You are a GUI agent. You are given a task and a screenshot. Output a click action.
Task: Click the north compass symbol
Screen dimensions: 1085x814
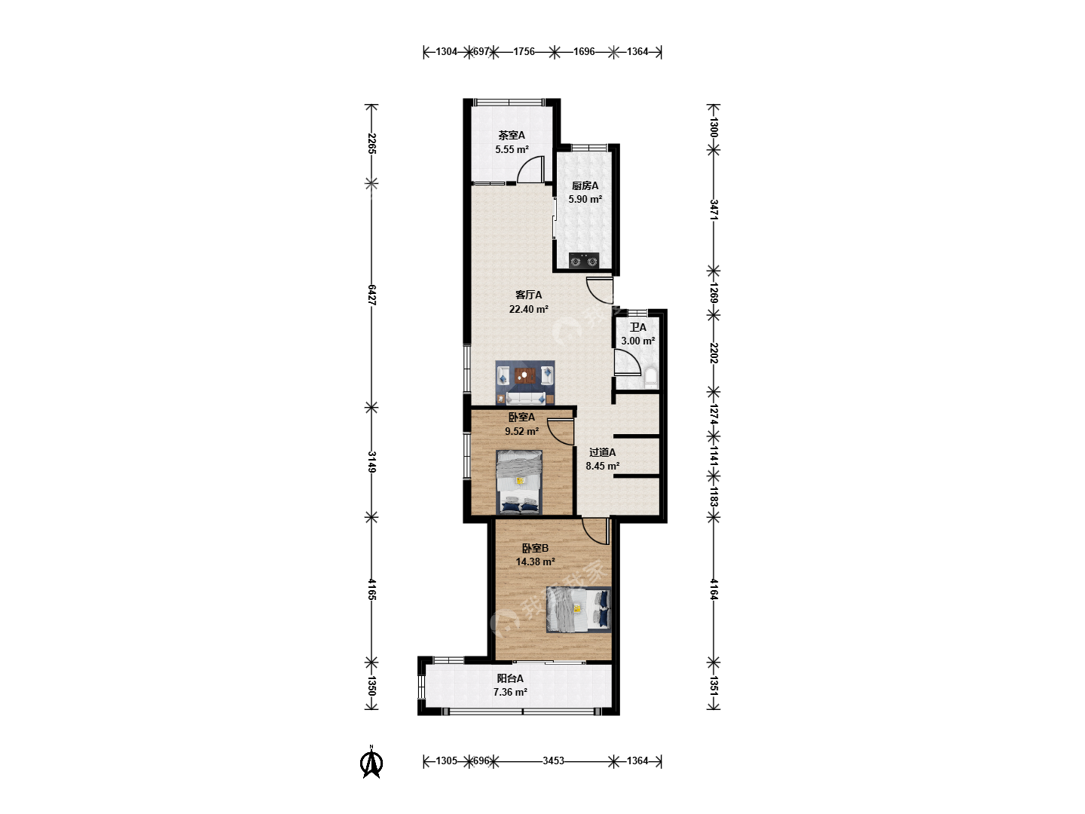tap(371, 762)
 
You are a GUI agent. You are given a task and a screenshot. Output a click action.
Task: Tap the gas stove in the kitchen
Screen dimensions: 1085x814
tap(584, 260)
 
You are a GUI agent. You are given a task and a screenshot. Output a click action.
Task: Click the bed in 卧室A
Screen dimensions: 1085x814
tap(519, 482)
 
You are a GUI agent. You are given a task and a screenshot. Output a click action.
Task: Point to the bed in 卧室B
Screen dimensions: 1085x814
tap(579, 610)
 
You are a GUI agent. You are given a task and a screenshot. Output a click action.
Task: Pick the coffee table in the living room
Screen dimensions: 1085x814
tap(525, 375)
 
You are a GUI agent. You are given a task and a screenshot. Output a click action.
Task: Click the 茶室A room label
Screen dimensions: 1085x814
tap(511, 135)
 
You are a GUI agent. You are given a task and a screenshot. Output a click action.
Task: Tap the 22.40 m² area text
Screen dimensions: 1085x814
tap(528, 309)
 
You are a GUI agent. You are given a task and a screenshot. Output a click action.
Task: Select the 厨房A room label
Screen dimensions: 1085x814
tap(585, 186)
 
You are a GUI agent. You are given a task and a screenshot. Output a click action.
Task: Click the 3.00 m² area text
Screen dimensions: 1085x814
tap(637, 341)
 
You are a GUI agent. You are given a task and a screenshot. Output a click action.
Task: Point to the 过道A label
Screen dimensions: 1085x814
tap(602, 452)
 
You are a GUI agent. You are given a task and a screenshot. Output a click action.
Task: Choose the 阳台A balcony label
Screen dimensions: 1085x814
tap(509, 678)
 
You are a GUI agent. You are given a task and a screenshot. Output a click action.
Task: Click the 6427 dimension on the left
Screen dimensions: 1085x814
tap(371, 295)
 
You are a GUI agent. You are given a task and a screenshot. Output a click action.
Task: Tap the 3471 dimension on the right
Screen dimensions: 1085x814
tap(714, 210)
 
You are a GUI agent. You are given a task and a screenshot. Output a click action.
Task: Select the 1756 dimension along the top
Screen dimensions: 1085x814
tap(524, 51)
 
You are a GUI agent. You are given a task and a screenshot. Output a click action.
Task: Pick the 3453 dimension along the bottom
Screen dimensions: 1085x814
tap(553, 760)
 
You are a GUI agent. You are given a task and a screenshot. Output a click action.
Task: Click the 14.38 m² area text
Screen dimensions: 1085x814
tap(535, 562)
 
